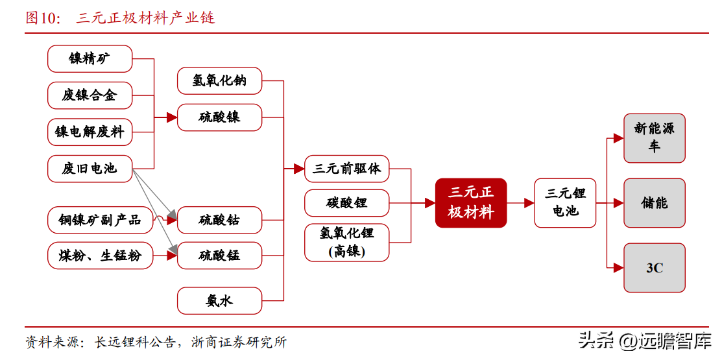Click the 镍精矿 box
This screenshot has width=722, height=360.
coord(90,58)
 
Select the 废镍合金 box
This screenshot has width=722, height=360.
coord(90,95)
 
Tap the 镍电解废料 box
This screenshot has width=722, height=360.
coord(90,132)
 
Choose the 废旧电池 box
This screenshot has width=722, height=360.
coord(90,169)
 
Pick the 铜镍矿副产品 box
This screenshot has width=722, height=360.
coord(100,220)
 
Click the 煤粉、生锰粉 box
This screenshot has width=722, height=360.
coord(100,256)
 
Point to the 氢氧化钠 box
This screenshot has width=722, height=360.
coord(220,80)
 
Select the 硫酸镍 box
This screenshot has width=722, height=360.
coord(220,117)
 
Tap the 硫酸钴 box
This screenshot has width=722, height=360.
coord(220,220)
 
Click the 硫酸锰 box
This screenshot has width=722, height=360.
coord(220,256)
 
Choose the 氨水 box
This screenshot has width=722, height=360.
coord(220,301)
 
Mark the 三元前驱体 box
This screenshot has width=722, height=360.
coord(347,169)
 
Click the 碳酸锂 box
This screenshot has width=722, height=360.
coord(347,202)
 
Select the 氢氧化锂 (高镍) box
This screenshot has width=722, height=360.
coord(347,243)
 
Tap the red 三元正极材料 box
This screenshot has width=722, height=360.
coord(471,202)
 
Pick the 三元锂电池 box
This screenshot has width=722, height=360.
coord(565,202)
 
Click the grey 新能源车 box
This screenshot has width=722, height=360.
coord(655,138)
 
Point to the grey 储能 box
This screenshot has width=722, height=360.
coord(655,202)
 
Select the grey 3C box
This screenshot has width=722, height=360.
coord(655,267)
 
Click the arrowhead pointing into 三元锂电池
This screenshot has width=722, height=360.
coord(529,202)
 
